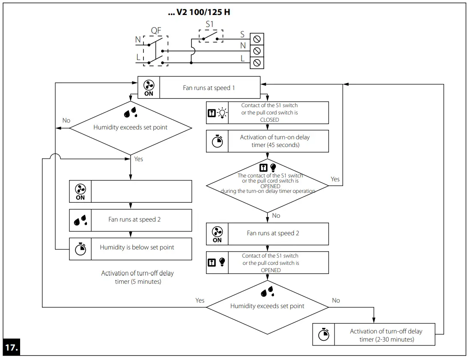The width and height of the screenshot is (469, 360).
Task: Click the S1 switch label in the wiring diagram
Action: coord(209,24)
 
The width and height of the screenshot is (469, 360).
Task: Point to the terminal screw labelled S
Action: coord(257,39)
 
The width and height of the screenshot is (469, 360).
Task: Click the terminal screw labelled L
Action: coord(257,63)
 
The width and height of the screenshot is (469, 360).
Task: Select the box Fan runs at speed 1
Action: coord(209,87)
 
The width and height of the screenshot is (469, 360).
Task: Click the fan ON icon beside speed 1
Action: coord(149,87)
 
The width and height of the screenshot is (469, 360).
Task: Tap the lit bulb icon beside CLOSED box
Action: coord(223,113)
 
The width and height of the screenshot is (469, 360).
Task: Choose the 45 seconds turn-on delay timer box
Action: coord(274,141)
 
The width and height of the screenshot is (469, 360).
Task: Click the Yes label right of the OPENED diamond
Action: coord(335,179)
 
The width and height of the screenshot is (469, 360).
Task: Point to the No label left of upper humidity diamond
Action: coord(66,120)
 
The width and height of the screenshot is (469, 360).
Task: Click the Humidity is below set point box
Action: coord(137,247)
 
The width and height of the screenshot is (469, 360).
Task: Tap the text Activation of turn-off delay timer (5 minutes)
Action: coord(137,277)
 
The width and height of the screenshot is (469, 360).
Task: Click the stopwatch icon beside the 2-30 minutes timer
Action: coord(324,335)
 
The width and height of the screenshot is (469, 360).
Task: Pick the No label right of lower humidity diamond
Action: coord(336,300)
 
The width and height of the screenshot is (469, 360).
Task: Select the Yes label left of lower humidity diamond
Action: coord(200,300)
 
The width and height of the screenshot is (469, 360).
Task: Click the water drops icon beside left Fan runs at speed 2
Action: coord(80,220)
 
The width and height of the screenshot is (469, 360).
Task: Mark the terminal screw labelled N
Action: coord(257,51)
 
